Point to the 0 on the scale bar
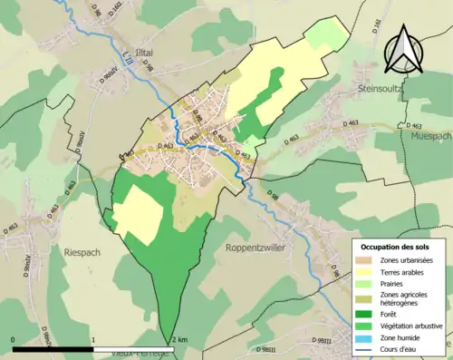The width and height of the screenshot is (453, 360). [x=14, y=339]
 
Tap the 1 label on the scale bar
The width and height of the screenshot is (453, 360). [x=94, y=339]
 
